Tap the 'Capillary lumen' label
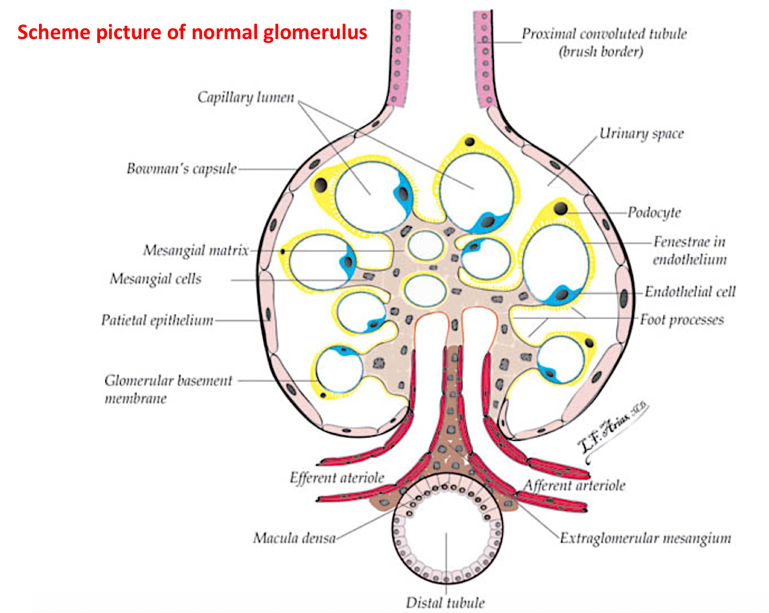[x=245, y=97]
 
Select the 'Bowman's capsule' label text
[x=181, y=168]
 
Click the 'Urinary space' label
[x=641, y=134]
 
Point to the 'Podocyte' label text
[x=654, y=212]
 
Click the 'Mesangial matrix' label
[x=196, y=250]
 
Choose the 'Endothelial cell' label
[x=690, y=292]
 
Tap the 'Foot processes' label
[x=682, y=320]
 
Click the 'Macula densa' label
[x=294, y=538]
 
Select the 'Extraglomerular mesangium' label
[x=645, y=538]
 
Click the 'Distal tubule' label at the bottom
[x=445, y=603]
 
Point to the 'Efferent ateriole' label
[x=337, y=478]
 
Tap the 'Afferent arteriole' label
[x=574, y=485]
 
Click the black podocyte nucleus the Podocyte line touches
[x=561, y=208]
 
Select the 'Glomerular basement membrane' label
[x=168, y=389]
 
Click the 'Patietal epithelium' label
[x=157, y=320]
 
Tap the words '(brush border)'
[x=600, y=51]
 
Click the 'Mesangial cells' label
[x=155, y=279]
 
